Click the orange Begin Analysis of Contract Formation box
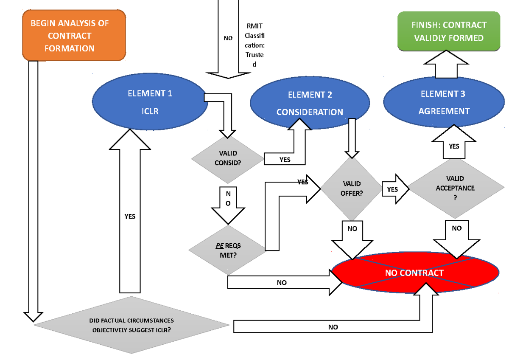point(74,36)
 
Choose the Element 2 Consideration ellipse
point(310,103)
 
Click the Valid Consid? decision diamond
point(228,158)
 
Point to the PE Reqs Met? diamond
point(228,250)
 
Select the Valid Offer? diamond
point(351,188)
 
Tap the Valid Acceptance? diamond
point(455,188)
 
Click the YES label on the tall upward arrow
point(130,216)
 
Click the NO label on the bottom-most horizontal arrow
point(333,327)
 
